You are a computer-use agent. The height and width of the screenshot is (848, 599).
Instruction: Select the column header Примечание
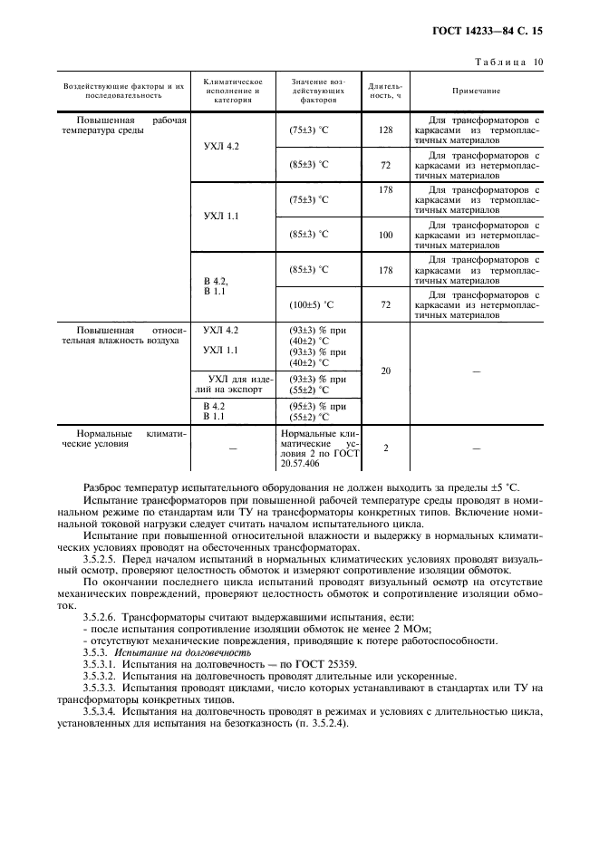coord(476,92)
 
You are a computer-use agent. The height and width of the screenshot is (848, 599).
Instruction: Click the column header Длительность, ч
coord(385,92)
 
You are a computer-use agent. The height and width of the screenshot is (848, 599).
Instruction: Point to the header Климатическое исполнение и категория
coord(232,92)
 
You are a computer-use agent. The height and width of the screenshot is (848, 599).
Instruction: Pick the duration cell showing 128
coord(385,130)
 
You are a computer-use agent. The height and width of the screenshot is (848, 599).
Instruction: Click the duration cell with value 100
coord(385,235)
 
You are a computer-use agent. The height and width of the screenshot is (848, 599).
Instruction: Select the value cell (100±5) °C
coord(309,304)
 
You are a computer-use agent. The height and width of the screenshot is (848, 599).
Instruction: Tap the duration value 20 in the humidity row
coord(385,371)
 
